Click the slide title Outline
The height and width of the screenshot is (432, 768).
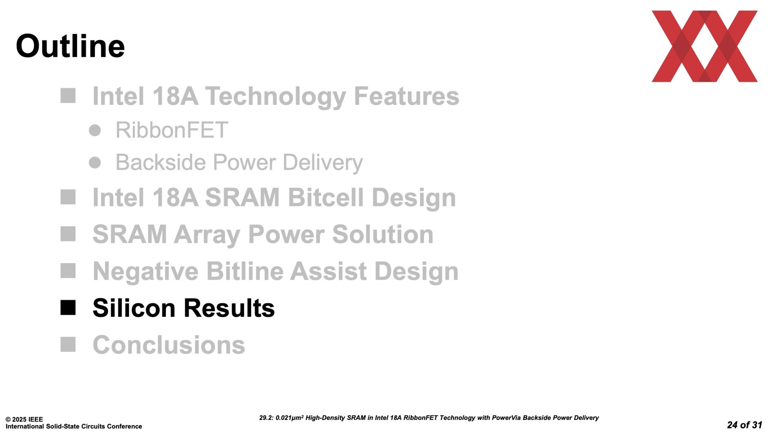70,46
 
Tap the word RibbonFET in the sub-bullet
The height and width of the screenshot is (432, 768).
172,130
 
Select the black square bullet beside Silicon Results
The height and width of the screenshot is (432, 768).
68,308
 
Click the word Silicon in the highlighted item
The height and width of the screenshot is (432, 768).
134,308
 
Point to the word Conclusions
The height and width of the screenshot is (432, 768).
169,345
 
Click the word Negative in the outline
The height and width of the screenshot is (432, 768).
146,271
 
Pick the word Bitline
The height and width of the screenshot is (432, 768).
245,271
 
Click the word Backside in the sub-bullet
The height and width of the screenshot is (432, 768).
161,162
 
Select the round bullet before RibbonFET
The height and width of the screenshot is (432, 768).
95,130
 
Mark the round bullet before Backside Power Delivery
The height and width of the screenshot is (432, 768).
95,162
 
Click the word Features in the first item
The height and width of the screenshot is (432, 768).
406,96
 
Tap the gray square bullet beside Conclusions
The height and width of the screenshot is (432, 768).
68,344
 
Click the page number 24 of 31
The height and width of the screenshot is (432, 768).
744,425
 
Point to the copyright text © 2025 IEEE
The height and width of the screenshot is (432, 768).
24,419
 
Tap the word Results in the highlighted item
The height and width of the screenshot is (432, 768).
229,308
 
